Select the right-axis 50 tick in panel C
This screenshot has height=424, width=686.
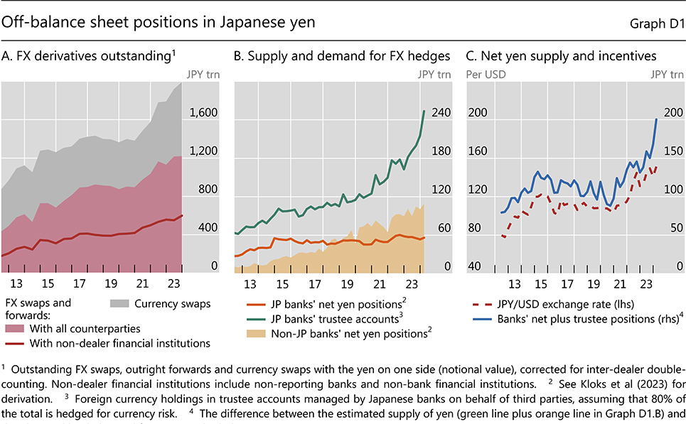tap(670, 228)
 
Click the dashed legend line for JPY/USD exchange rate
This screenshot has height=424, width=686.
tap(482, 304)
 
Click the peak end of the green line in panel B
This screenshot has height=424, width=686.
tap(424, 111)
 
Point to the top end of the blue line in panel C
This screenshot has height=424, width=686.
tap(656, 119)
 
